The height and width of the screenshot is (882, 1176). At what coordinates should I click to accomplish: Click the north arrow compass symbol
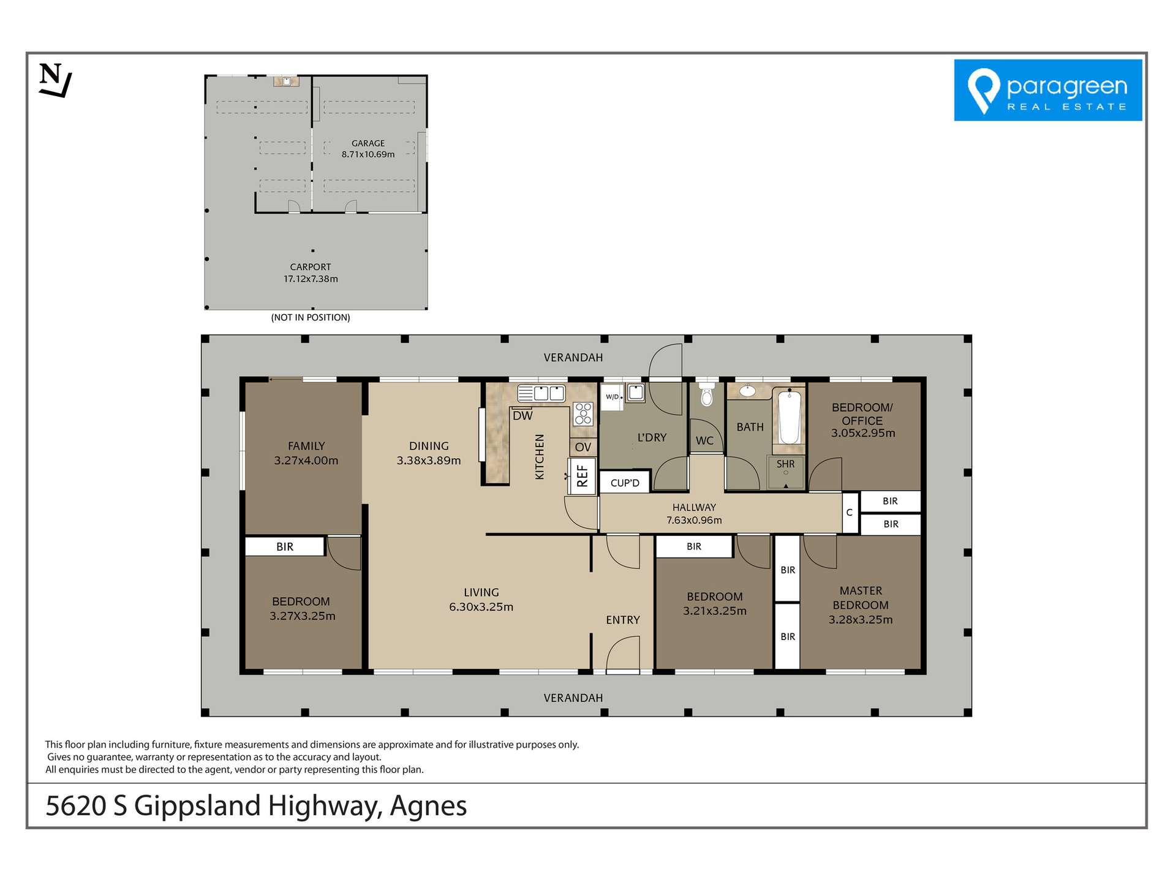(55, 80)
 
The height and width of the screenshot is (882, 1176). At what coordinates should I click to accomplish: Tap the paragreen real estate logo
(1047, 90)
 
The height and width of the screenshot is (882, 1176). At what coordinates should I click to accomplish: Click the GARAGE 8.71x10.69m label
(368, 149)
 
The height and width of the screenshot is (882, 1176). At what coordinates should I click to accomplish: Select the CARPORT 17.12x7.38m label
(311, 273)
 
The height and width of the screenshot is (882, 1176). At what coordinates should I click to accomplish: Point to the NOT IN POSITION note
(311, 317)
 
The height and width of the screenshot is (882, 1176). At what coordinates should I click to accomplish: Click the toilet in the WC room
(707, 396)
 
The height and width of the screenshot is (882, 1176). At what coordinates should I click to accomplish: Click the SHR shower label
(785, 464)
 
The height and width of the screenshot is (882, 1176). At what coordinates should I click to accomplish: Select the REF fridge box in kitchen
(582, 476)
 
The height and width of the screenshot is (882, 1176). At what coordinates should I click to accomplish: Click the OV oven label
(583, 447)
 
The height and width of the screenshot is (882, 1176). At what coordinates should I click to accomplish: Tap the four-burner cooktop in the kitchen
(583, 413)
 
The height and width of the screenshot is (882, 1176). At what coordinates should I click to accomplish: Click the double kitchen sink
(541, 393)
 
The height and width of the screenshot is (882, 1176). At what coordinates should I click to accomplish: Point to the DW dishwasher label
(522, 416)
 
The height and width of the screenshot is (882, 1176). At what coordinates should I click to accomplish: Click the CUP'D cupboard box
(625, 483)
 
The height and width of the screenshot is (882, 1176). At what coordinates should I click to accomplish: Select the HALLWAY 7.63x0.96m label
(694, 513)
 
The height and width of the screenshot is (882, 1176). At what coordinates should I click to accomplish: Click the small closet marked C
(850, 513)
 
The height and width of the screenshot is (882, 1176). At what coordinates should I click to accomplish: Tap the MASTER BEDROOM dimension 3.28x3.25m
(861, 619)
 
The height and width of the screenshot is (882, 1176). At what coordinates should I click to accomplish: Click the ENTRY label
(623, 620)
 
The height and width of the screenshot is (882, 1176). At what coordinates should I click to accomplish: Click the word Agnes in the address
(428, 805)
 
